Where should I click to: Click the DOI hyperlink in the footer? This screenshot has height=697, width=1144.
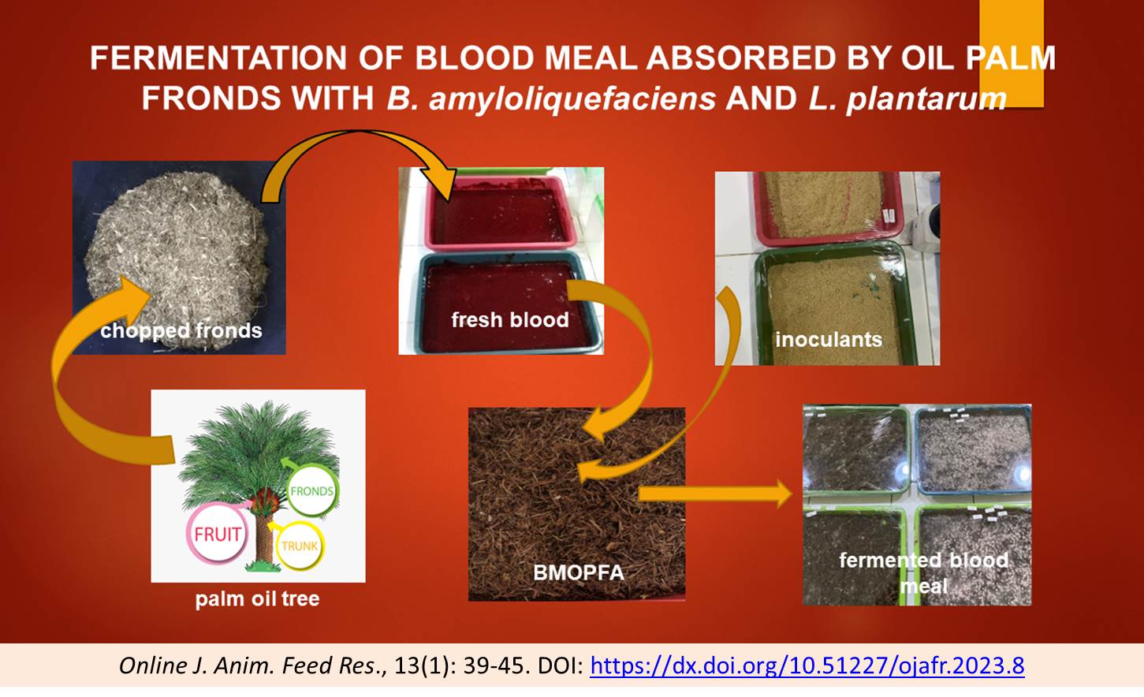[807, 665]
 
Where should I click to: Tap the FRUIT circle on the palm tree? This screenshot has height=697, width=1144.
[218, 534]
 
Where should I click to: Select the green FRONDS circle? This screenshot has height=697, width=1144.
[312, 490]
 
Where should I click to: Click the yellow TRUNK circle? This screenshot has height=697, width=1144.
[300, 546]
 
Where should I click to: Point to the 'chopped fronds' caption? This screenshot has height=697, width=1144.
[181, 331]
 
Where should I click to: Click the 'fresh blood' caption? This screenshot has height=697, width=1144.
[509, 319]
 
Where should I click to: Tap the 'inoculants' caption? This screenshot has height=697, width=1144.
[829, 340]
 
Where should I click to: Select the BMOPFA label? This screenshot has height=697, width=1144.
[579, 572]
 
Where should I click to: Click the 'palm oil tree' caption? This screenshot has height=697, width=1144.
[257, 598]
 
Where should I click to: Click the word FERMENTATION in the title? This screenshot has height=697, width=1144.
[218, 58]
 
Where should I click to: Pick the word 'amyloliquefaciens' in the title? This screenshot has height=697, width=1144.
[572, 99]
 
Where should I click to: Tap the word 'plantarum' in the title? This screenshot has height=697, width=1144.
[926, 99]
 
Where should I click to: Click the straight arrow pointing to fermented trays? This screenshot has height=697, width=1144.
[715, 494]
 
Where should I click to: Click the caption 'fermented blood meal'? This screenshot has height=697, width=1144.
[924, 572]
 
